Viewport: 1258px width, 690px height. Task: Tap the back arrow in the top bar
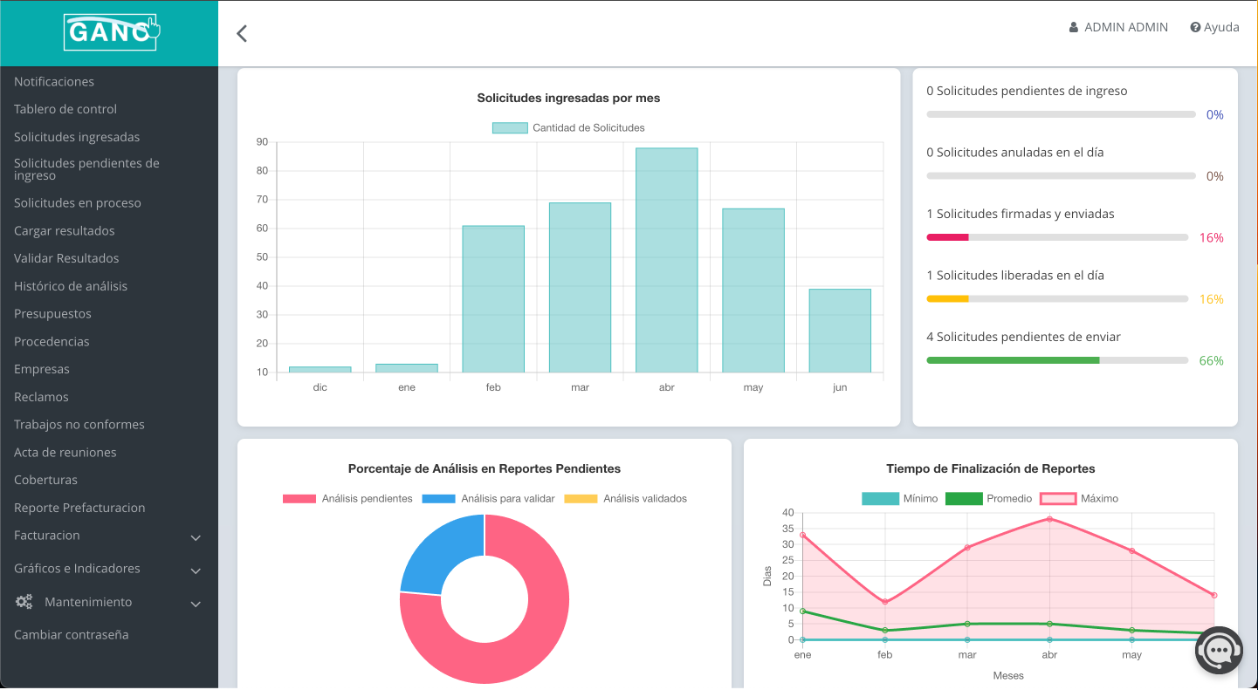click(x=242, y=33)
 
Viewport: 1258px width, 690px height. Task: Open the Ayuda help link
click(x=1214, y=27)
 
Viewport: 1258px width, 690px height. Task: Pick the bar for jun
click(x=839, y=331)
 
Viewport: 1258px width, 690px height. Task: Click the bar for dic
click(x=320, y=369)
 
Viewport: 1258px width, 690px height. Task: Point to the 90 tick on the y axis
click(x=262, y=142)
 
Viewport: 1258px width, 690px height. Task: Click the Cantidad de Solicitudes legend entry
click(x=568, y=127)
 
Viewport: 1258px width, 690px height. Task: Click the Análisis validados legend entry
click(x=625, y=499)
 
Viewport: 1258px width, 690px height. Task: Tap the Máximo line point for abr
click(x=1049, y=519)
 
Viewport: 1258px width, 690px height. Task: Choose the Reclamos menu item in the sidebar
click(x=41, y=397)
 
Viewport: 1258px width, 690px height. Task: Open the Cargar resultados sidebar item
click(x=65, y=231)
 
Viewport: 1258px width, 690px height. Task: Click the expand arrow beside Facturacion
click(x=196, y=538)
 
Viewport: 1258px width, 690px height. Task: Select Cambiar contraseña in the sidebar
click(x=72, y=635)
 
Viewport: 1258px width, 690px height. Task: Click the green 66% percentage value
click(x=1211, y=360)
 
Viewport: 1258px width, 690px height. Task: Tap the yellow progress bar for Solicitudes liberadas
click(x=947, y=299)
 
